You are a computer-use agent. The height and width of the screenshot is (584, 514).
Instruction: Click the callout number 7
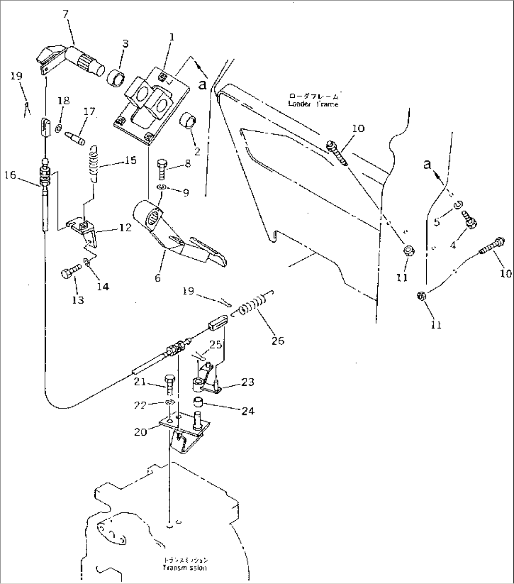tap(66, 14)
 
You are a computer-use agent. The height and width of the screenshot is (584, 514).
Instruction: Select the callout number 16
tap(11, 175)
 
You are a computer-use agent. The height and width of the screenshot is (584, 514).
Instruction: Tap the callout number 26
tap(278, 340)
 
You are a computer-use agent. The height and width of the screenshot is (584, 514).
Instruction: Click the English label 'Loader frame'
tap(313, 104)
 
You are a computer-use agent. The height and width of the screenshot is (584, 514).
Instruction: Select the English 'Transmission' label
tap(184, 568)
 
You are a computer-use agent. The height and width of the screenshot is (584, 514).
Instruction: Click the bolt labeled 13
tap(69, 273)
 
